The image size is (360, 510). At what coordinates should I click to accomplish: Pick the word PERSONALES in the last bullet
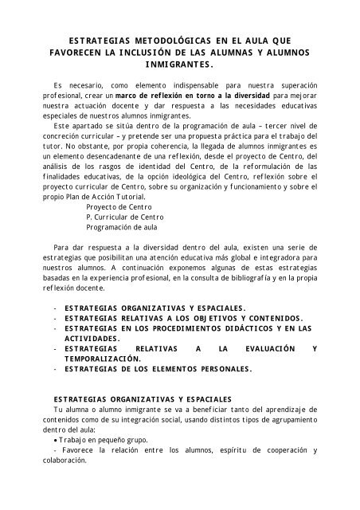click(212, 370)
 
